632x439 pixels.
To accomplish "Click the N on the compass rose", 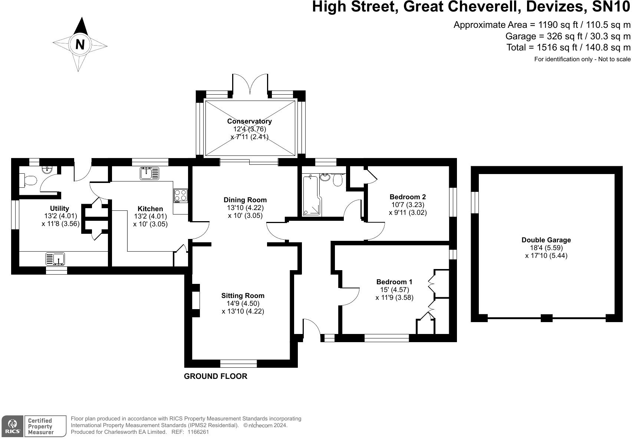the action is (80, 44).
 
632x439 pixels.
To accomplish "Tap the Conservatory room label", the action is (249, 121).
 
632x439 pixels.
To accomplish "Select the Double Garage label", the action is (546, 240).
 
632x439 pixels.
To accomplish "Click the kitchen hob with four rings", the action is (181, 195).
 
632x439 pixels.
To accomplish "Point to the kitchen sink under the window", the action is (149, 173).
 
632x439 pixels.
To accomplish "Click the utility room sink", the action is (55, 259).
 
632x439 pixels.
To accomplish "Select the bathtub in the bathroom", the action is (312, 195).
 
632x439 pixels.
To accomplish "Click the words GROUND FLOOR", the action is (215, 376).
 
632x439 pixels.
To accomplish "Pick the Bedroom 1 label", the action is (394, 282).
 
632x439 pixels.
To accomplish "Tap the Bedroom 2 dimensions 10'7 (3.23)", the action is (408, 205).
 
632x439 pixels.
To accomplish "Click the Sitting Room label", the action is (243, 296).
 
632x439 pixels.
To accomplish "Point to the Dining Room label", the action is (245, 200).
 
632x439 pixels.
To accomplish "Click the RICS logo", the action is (12, 426).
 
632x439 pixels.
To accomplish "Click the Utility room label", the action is (60, 208).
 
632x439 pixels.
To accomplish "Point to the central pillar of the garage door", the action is (547, 318).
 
